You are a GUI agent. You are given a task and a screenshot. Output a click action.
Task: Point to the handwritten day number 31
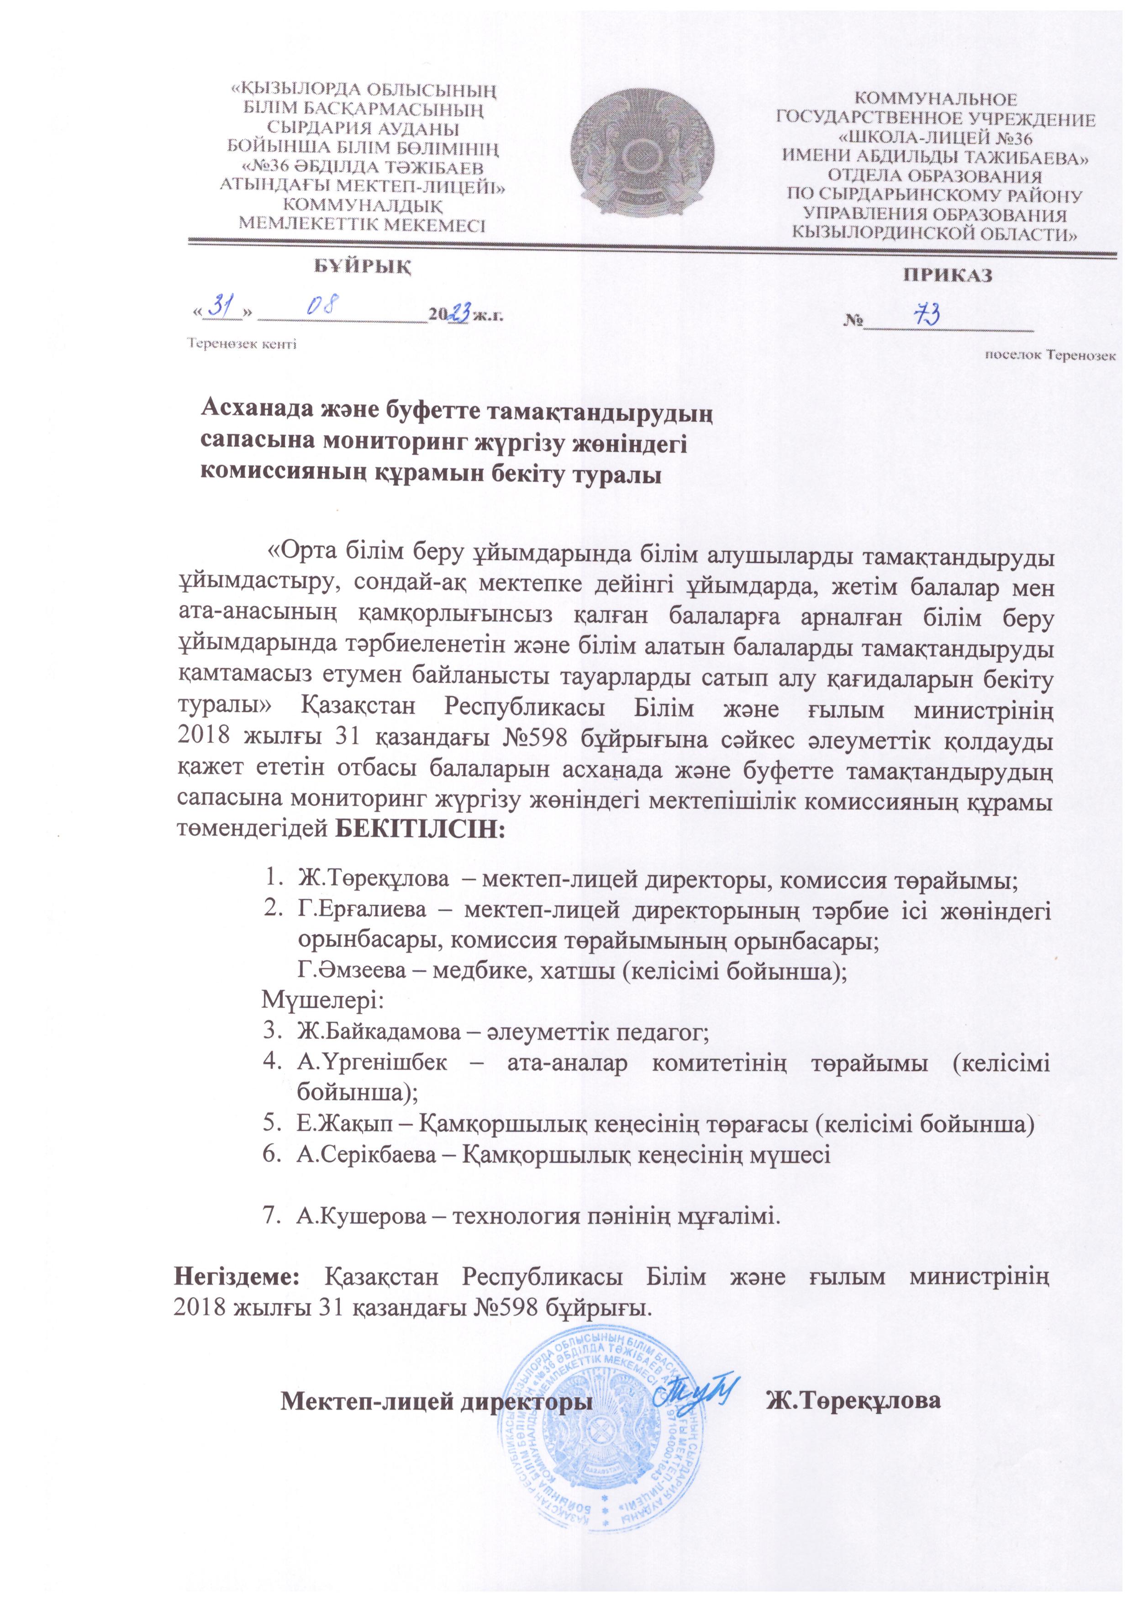click(x=222, y=307)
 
